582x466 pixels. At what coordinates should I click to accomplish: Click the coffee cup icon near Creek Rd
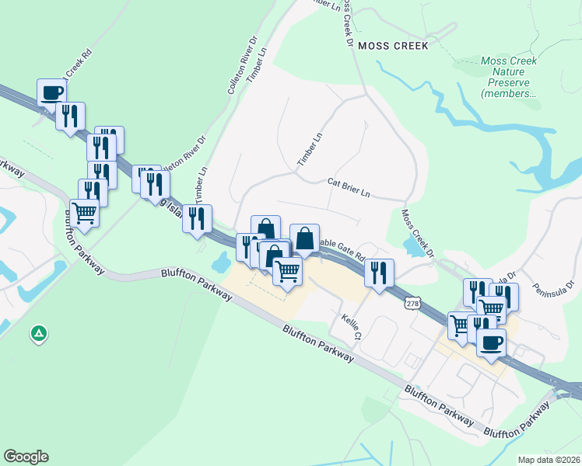[52, 92]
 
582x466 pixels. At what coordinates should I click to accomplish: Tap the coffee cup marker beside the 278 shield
[491, 342]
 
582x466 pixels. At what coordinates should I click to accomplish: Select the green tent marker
[38, 334]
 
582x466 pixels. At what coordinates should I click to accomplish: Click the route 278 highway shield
[412, 304]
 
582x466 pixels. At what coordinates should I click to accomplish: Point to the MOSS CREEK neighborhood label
[393, 46]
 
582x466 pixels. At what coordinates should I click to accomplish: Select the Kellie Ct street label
[352, 327]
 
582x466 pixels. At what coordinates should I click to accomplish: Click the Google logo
[26, 457]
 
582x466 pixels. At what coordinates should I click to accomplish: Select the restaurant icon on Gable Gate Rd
[380, 273]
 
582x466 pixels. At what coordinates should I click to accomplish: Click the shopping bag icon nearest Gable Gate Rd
[305, 238]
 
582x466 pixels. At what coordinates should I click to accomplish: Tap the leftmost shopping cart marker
[84, 212]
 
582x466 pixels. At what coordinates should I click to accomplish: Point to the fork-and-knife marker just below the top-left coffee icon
[71, 116]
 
